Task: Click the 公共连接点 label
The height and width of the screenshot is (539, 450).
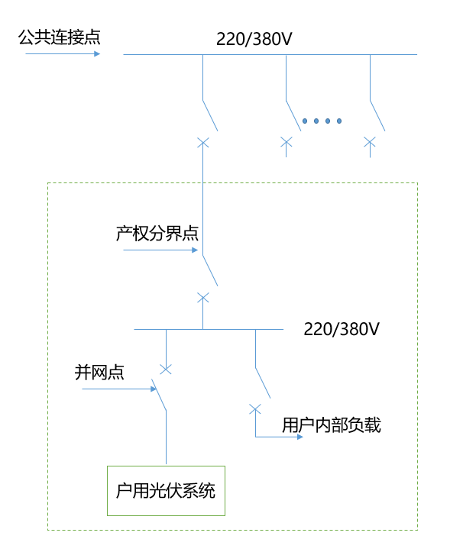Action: click(59, 37)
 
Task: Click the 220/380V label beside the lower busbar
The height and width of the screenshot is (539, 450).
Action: click(342, 330)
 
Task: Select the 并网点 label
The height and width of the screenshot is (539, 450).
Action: click(99, 373)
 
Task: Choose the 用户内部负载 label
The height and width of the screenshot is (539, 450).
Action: click(332, 425)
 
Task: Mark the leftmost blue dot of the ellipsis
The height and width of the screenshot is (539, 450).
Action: click(304, 121)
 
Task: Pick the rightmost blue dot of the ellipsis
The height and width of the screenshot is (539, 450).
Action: click(339, 121)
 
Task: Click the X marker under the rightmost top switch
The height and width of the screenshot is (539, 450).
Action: click(370, 141)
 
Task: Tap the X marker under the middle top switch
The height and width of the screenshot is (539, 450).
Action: click(286, 141)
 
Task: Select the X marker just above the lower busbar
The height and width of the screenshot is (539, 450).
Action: click(202, 297)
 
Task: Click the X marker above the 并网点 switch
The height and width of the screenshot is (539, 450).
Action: click(166, 369)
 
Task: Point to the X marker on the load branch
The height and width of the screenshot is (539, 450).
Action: click(255, 408)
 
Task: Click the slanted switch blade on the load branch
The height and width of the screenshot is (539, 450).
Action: click(263, 382)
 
